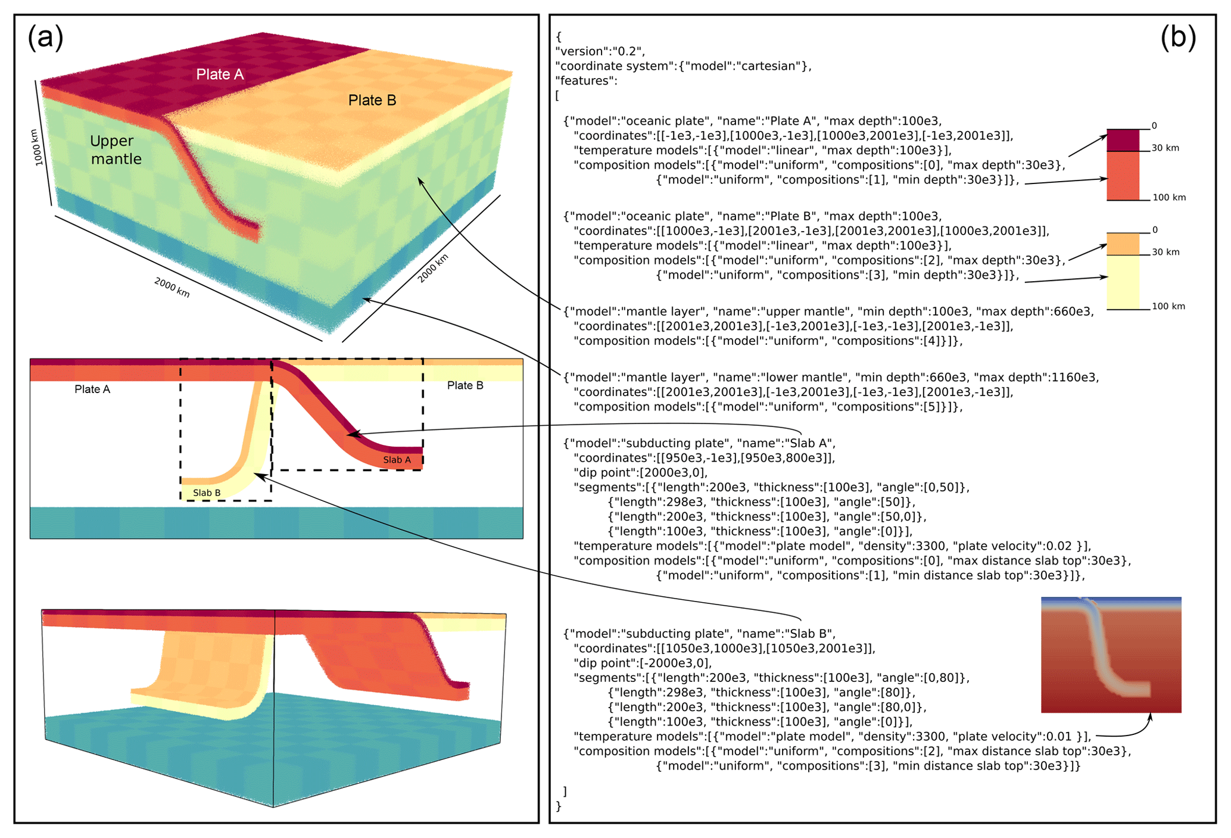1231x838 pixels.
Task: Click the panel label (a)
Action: [x=45, y=39]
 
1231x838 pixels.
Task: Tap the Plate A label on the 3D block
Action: [x=220, y=74]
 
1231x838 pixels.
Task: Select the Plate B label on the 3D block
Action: [x=372, y=100]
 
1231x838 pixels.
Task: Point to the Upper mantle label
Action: [x=116, y=150]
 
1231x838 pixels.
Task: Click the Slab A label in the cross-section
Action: [x=397, y=460]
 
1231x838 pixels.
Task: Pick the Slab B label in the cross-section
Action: [x=207, y=493]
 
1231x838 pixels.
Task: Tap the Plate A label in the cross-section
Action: [x=92, y=390]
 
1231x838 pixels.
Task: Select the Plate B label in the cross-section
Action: [x=465, y=385]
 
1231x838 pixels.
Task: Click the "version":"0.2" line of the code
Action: [x=600, y=51]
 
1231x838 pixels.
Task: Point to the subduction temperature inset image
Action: [x=1111, y=655]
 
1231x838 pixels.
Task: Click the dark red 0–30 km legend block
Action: [x=1123, y=141]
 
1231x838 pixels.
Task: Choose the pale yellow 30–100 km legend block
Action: [x=1123, y=282]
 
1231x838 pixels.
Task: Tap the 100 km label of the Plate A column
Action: [x=1168, y=198]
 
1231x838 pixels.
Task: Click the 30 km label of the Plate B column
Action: [x=1165, y=252]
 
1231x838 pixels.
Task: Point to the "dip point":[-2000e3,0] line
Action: [x=643, y=663]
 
